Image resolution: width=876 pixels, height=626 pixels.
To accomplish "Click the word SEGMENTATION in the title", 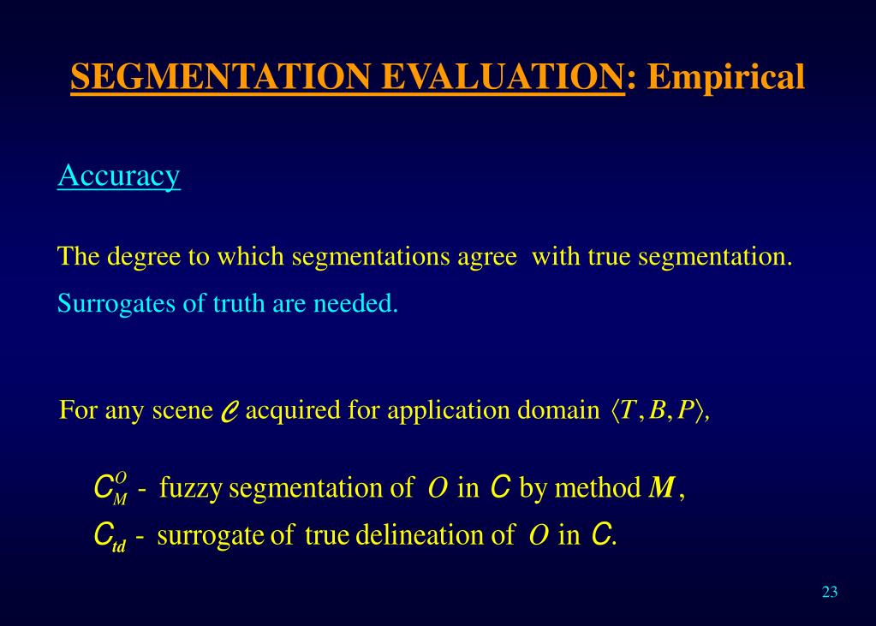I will [x=221, y=78].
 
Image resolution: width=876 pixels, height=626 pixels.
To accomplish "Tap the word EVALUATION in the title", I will [x=502, y=78].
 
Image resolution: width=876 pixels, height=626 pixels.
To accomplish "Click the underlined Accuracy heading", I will [x=119, y=176].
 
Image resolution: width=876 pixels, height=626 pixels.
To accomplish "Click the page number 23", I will [x=829, y=592].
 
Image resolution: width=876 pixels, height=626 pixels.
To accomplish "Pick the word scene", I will [x=182, y=410].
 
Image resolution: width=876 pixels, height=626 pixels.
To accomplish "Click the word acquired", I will [x=292, y=411].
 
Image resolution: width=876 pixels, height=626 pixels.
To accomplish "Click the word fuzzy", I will [x=191, y=489].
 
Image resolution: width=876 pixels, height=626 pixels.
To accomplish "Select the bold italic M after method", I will [x=660, y=489].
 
